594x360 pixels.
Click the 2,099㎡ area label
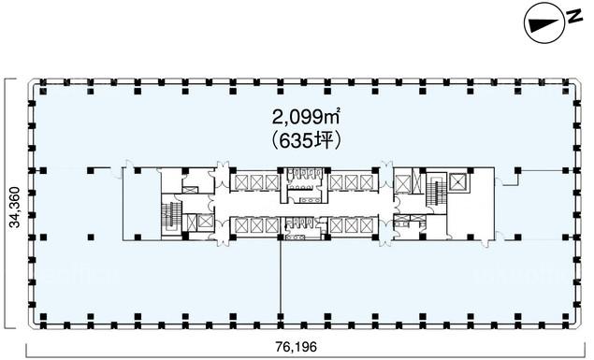pos(305,117)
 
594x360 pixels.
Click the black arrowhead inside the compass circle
pos(543,25)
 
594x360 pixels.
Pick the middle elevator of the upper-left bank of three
pos(257,182)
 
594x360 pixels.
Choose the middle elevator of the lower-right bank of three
pos(352,226)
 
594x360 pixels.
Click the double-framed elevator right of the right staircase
pos(459,182)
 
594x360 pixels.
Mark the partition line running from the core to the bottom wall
pos(281,279)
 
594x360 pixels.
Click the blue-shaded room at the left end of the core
pos(141,205)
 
